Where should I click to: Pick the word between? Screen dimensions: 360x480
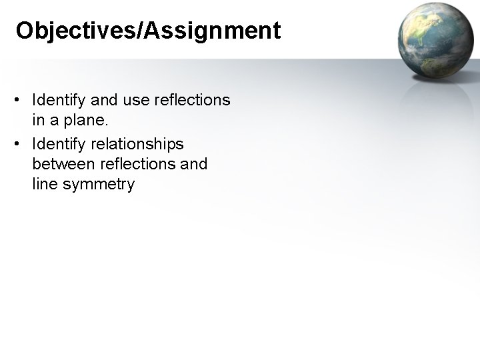point(64,163)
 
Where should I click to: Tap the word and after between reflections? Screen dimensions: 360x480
point(193,163)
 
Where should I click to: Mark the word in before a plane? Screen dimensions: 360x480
point(37,120)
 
